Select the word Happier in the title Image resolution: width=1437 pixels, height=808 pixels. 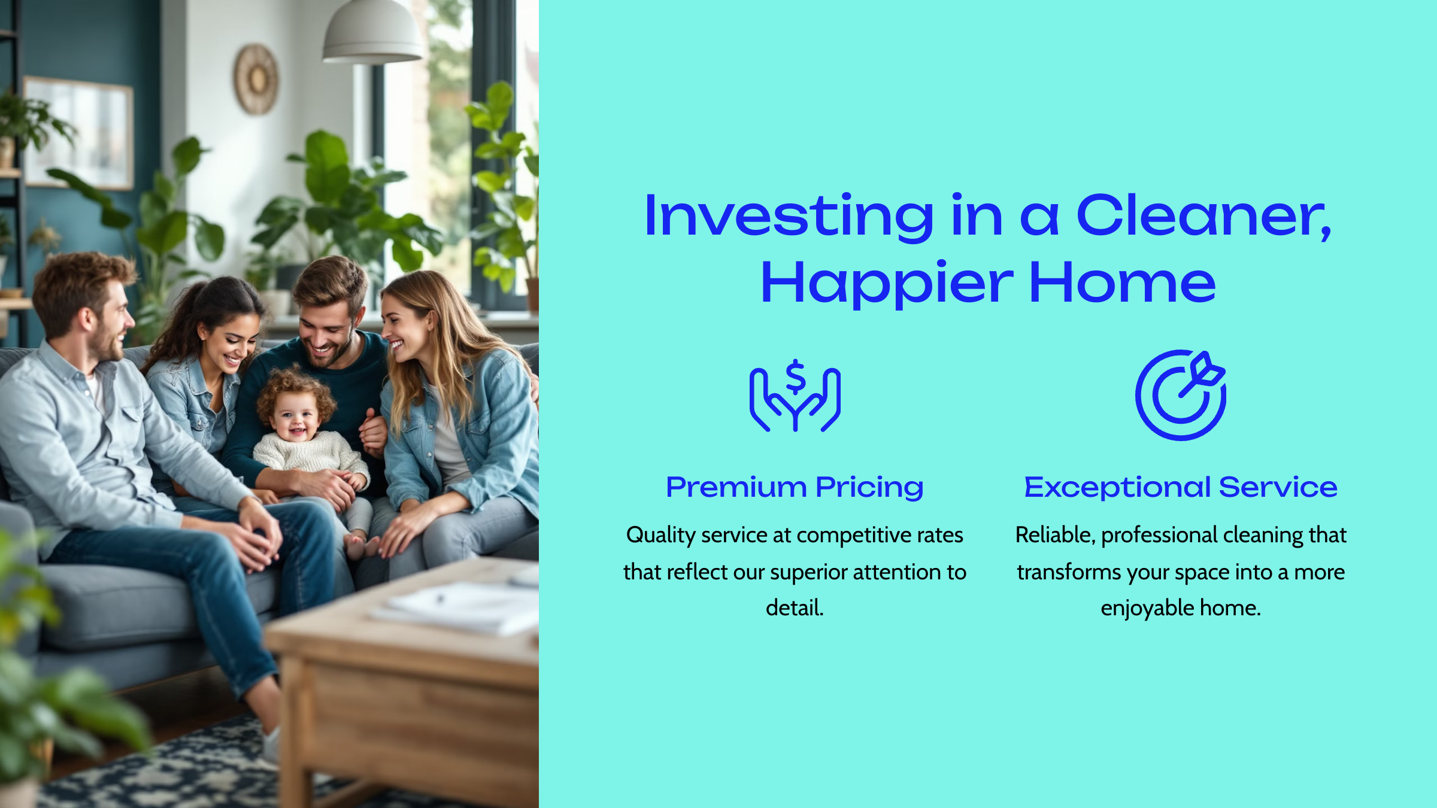tap(886, 283)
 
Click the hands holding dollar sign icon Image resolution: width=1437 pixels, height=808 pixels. tap(795, 395)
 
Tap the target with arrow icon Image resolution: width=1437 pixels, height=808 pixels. tap(1181, 395)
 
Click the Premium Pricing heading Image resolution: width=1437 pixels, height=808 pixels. tap(795, 487)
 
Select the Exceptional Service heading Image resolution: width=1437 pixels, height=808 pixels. tap(1181, 487)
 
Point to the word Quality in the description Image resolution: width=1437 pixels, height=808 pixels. tap(661, 535)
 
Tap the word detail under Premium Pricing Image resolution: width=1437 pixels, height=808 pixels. tap(795, 608)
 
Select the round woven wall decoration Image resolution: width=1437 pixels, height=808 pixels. tap(256, 79)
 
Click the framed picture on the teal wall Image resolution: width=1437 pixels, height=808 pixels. tap(78, 133)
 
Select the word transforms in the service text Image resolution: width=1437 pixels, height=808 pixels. tap(1069, 572)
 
